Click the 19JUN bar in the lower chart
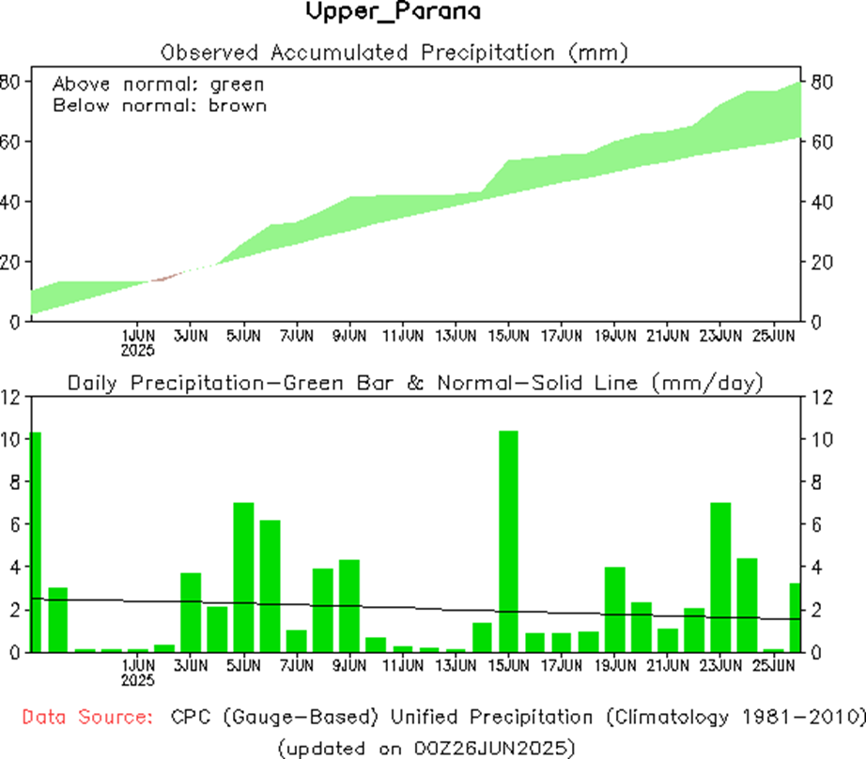pyautogui.click(x=614, y=609)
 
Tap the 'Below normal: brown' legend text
pyautogui.click(x=159, y=105)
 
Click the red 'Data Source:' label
pyautogui.click(x=87, y=718)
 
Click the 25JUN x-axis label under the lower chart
pyautogui.click(x=773, y=665)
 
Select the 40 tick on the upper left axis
pyautogui.click(x=9, y=202)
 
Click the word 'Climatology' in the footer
pyautogui.click(x=669, y=718)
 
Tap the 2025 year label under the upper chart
pyautogui.click(x=138, y=349)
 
